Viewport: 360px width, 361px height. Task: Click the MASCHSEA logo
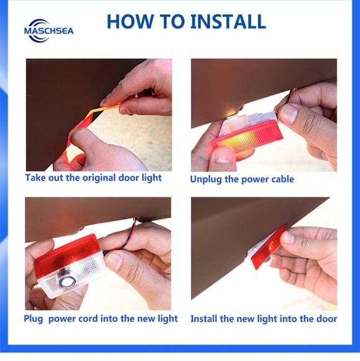[48, 31]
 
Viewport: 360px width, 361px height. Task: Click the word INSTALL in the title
[228, 22]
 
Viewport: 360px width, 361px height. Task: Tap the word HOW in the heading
[130, 22]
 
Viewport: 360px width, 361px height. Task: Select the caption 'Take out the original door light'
[93, 178]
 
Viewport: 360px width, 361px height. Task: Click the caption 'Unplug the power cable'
[242, 179]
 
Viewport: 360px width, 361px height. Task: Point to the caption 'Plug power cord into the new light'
[101, 319]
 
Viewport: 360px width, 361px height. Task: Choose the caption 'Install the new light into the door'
[264, 319]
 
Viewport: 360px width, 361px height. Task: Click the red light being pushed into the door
[268, 248]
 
